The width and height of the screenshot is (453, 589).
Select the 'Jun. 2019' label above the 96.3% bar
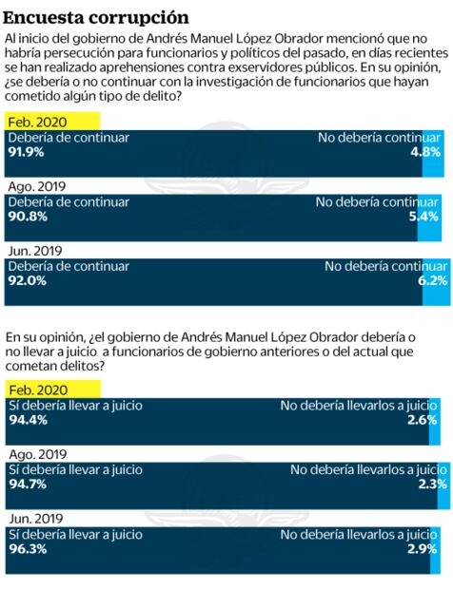pyautogui.click(x=35, y=520)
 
